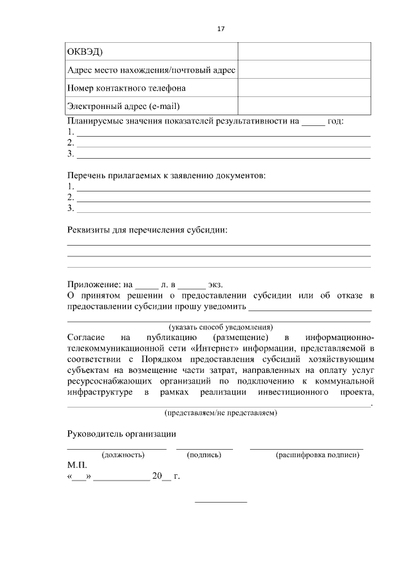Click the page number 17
click(x=220, y=29)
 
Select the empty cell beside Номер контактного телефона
click(x=304, y=88)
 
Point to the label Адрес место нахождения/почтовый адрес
click(x=151, y=70)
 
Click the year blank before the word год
click(x=313, y=122)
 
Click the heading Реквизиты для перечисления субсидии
click(x=147, y=230)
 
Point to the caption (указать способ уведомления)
click(x=220, y=328)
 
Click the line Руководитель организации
click(x=122, y=434)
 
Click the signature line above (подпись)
click(x=204, y=448)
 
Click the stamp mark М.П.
click(x=76, y=465)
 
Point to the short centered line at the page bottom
click(x=221, y=502)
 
